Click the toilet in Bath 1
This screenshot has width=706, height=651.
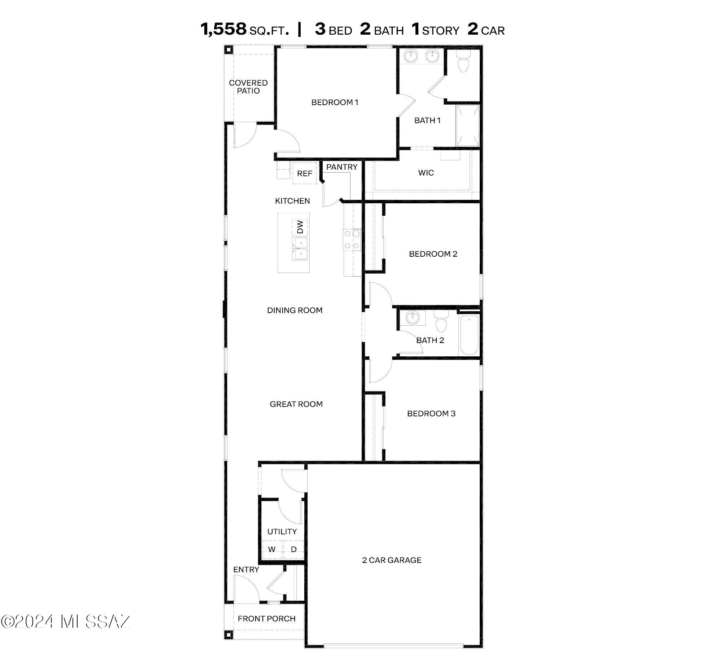tap(463, 62)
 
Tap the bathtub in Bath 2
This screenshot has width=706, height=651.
tap(469, 335)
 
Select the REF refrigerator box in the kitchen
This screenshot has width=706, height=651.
tap(304, 173)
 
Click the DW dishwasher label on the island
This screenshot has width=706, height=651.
tap(300, 227)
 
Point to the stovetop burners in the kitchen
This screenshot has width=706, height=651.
tap(352, 239)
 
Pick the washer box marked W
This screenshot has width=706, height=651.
tap(272, 549)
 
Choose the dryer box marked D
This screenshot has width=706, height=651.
tap(294, 549)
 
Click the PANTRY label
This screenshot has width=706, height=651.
tap(341, 167)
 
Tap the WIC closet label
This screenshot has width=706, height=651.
tap(426, 173)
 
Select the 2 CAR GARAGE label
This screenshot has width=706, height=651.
tap(392, 560)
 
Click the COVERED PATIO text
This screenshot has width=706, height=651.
tap(248, 87)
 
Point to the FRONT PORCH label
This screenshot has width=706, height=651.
tap(266, 619)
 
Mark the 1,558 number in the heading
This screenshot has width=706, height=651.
tap(223, 29)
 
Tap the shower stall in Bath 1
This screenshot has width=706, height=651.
tap(468, 125)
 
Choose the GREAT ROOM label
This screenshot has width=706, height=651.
tap(296, 404)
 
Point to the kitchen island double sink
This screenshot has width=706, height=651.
tap(300, 248)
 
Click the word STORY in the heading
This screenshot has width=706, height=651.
tap(440, 31)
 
